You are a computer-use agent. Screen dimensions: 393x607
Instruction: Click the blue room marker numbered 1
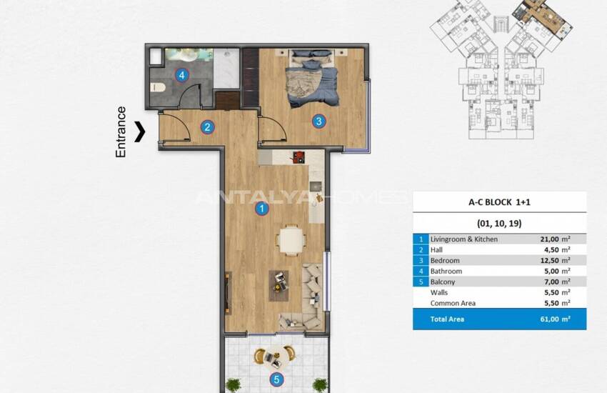(262, 209)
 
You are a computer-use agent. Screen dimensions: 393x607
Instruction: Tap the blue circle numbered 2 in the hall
(207, 128)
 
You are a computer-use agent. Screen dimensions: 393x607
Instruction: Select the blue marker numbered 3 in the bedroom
(318, 121)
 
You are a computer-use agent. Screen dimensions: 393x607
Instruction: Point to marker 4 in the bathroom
(183, 74)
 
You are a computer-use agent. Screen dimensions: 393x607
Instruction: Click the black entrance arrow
(141, 131)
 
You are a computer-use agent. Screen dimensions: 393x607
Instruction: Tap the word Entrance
(121, 131)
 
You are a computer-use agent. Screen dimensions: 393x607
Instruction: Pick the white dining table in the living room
(290, 239)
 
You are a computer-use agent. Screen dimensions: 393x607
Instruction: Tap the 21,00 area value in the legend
(551, 239)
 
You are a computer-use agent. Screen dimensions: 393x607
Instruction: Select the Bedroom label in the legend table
(445, 261)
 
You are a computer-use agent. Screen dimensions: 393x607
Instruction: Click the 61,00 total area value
(551, 319)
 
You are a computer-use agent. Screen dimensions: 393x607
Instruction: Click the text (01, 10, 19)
(499, 223)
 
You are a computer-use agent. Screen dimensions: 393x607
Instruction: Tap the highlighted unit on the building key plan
(540, 12)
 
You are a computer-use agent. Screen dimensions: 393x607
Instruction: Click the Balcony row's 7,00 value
(551, 282)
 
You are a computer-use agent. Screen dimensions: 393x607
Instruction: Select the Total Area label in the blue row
(447, 319)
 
